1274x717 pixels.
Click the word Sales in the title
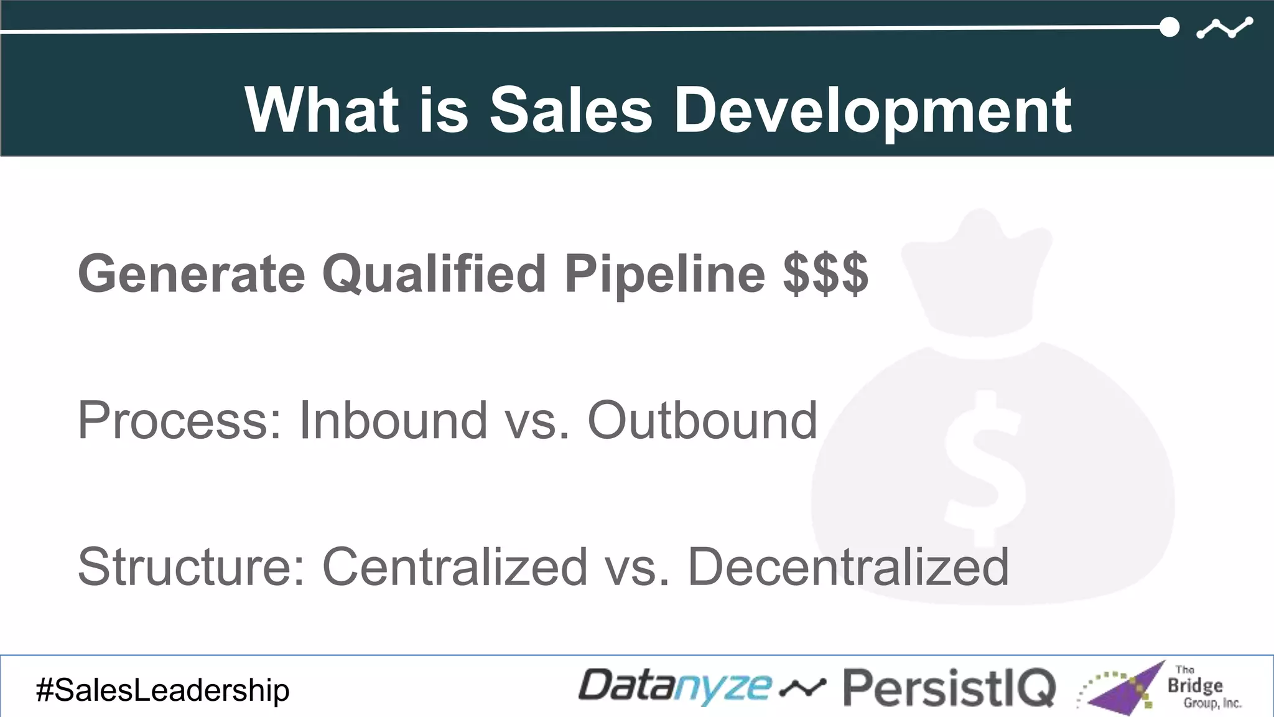point(570,110)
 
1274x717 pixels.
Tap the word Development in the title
point(873,110)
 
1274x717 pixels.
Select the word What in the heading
point(322,110)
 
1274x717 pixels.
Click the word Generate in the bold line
point(191,274)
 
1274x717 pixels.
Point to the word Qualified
point(434,274)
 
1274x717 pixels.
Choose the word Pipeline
point(664,274)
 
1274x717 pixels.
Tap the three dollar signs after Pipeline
point(825,274)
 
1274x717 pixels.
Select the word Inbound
point(393,421)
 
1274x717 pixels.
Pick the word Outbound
point(702,421)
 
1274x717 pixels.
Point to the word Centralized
point(455,566)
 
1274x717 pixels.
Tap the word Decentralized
point(848,566)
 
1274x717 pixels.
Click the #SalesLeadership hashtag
point(163,690)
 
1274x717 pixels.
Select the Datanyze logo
point(675,688)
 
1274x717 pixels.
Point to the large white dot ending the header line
point(1169,27)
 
